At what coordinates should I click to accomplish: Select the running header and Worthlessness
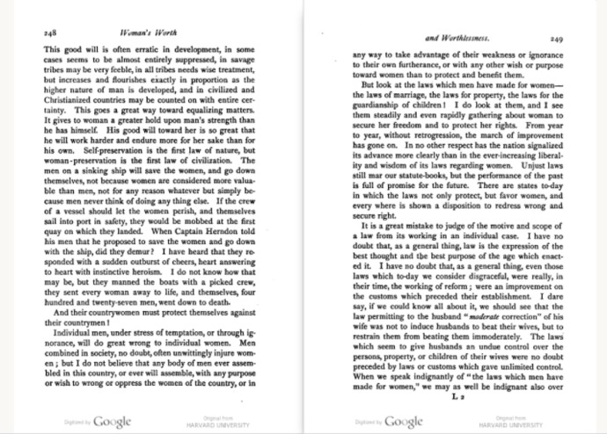click(456, 38)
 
